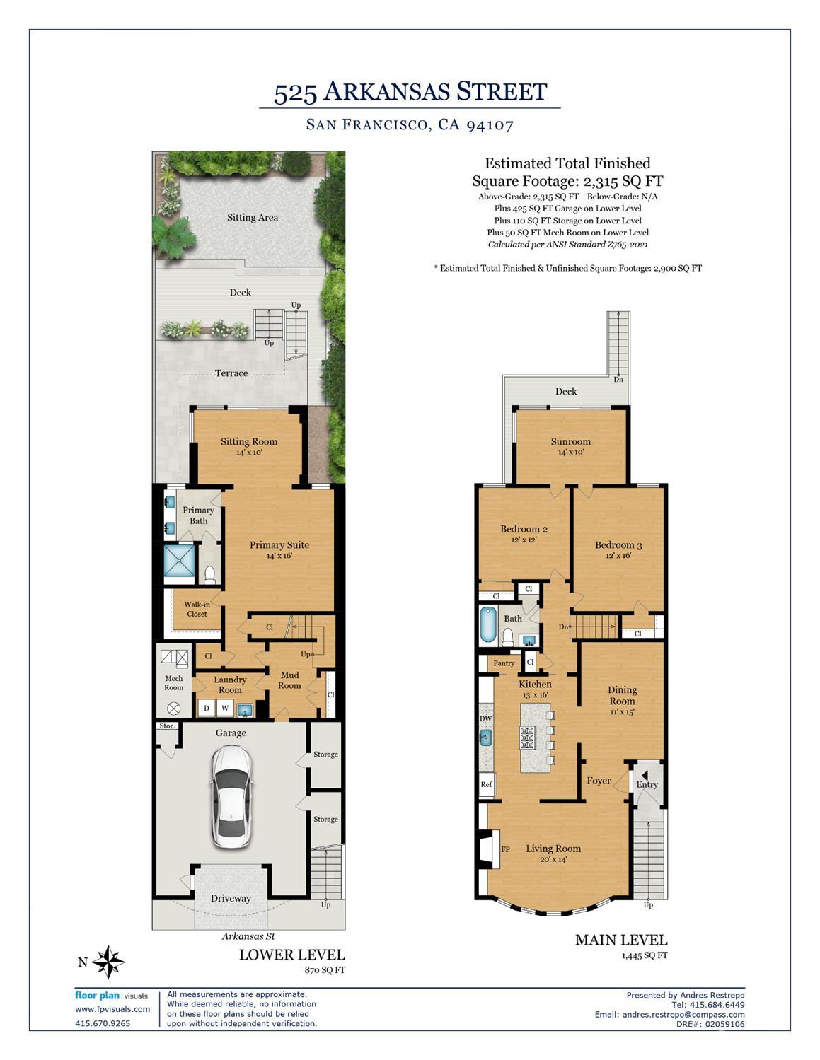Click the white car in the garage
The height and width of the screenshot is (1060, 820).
coord(231,798)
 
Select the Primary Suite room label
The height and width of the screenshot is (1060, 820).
coord(279,545)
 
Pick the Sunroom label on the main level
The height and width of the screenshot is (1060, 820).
coord(570,442)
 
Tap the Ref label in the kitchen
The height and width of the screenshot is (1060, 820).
coord(486,784)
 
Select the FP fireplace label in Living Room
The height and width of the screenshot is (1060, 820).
coord(505,849)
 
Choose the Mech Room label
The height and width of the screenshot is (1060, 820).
coord(173,682)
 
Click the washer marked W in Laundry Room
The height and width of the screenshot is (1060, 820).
coord(225,708)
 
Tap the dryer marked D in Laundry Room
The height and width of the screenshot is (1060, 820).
coord(207,708)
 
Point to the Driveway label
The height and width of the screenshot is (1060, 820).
coord(231,898)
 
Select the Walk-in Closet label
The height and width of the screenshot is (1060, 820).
coord(197,609)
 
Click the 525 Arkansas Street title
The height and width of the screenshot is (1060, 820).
coord(410,92)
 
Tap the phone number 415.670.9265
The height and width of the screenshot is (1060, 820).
coord(103,1023)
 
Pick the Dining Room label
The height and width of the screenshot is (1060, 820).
coord(622,695)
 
